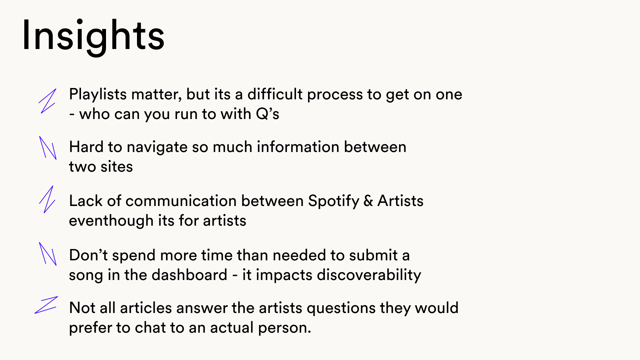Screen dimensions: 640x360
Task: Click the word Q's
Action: coord(268,114)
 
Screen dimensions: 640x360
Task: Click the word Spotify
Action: coord(334,201)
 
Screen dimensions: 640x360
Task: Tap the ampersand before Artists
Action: coord(368,201)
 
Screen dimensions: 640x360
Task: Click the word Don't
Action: coord(88,255)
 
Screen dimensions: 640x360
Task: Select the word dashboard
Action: coord(189,275)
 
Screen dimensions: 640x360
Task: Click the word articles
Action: coord(146,308)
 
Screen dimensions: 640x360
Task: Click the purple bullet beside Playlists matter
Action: coord(47,101)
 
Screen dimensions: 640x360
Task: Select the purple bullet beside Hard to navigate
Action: coord(48,148)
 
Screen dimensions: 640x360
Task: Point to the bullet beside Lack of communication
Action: coord(47,199)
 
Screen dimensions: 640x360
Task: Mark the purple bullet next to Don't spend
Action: coord(48,254)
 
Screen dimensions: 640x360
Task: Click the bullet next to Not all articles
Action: coord(46,305)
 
